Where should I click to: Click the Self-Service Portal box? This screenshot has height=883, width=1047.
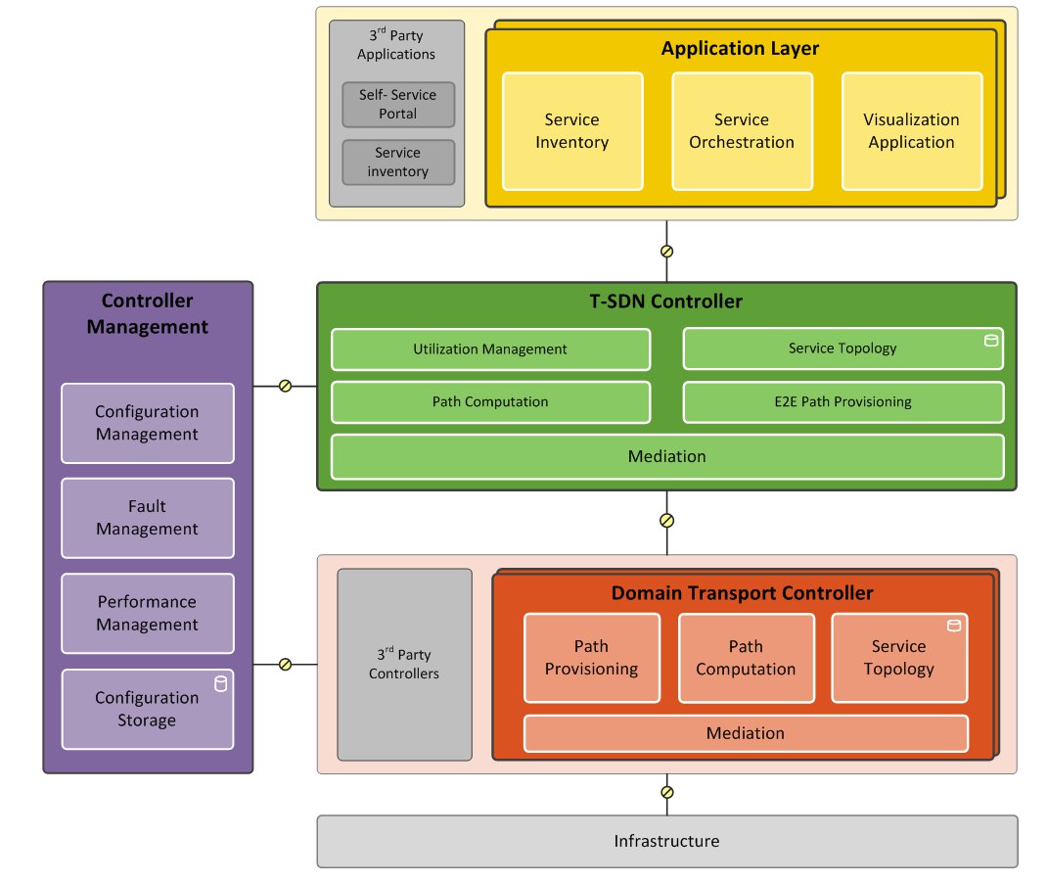(398, 104)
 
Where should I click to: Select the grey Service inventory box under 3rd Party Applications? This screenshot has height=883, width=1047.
(398, 163)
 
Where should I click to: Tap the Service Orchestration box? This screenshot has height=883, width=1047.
(742, 131)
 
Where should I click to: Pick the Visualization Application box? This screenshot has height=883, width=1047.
(911, 131)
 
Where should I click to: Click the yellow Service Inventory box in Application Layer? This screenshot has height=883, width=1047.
(572, 131)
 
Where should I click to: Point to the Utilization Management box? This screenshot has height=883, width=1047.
(491, 349)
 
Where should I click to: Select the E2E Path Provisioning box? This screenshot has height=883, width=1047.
(843, 402)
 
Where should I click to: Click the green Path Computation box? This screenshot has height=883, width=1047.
(491, 402)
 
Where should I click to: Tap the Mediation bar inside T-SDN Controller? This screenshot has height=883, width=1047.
(667, 457)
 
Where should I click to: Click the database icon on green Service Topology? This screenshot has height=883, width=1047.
(991, 341)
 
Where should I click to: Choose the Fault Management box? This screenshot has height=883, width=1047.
(148, 518)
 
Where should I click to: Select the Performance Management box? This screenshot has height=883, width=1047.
(148, 613)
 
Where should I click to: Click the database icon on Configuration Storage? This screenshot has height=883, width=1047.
(220, 684)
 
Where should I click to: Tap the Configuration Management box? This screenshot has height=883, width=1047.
(148, 423)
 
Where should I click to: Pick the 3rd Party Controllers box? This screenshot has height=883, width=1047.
(405, 665)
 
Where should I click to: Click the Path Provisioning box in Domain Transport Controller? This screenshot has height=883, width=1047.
(592, 658)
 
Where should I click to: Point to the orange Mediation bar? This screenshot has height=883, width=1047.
(746, 733)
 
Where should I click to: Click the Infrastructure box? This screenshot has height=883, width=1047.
(667, 841)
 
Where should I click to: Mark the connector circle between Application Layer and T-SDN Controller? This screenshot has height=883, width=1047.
(666, 252)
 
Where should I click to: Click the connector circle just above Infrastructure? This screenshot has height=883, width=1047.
(666, 792)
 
